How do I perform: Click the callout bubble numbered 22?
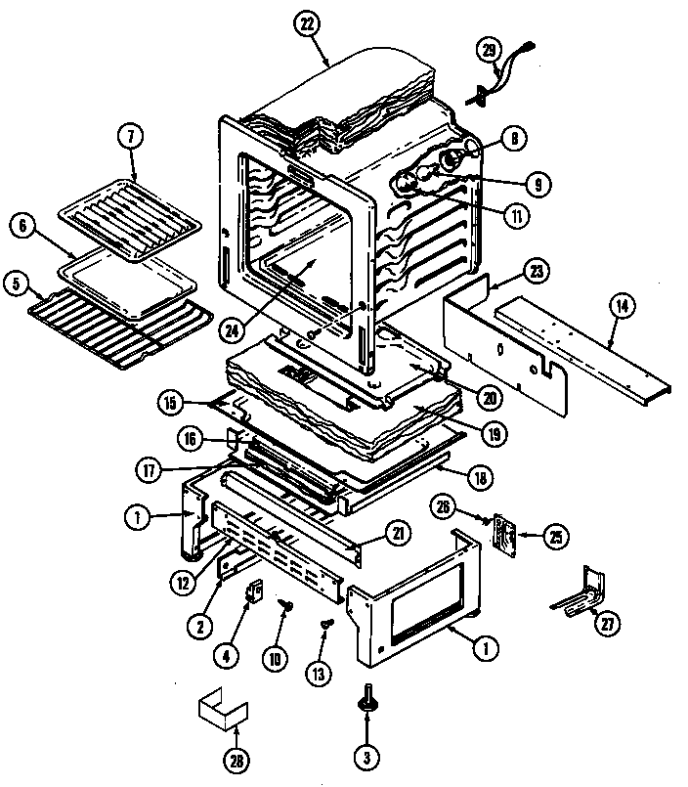point(309,26)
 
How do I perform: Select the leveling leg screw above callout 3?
point(366,695)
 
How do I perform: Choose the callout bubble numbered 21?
point(398,534)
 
